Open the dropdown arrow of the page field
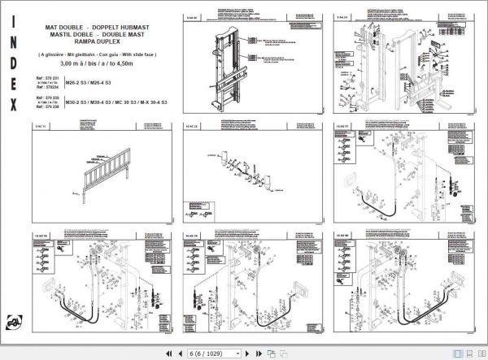click(x=237, y=353)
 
